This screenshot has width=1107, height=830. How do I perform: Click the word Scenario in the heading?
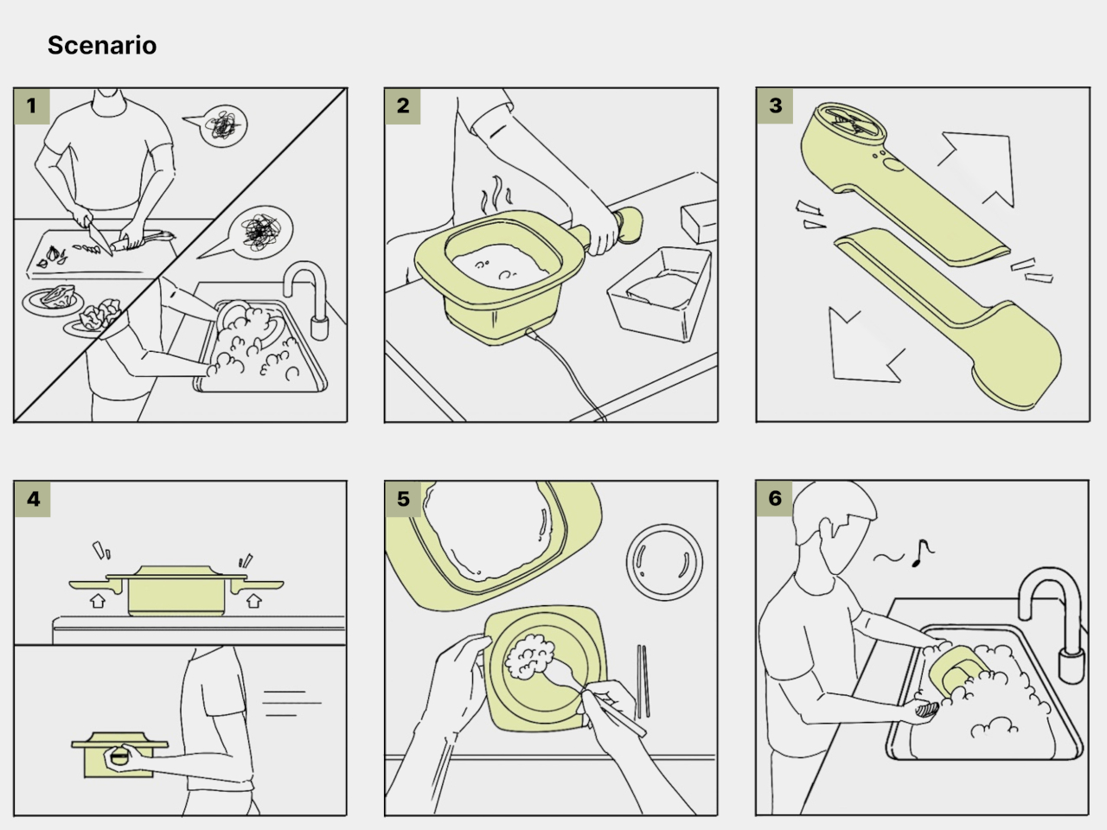[x=102, y=45]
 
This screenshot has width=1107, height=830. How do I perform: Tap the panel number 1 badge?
[x=32, y=105]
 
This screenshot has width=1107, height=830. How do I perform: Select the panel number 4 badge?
[x=32, y=499]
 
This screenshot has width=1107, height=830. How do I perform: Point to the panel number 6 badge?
[x=774, y=498]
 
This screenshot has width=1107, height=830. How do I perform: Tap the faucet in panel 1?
[x=308, y=299]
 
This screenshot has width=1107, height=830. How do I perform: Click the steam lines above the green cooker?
[x=496, y=195]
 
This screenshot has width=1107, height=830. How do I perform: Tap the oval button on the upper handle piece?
[x=894, y=165]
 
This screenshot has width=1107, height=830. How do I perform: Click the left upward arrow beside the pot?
[x=98, y=600]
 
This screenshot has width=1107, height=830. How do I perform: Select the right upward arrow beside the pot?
[x=253, y=600]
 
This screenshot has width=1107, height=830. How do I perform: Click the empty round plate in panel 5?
[x=664, y=562]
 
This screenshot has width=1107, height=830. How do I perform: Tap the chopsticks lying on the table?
[x=643, y=680]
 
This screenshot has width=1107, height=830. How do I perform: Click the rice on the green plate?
[x=529, y=656]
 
